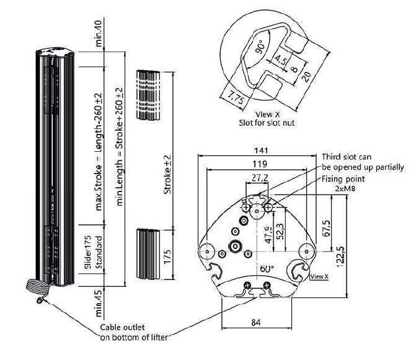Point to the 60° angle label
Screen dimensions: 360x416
click(267, 268)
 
